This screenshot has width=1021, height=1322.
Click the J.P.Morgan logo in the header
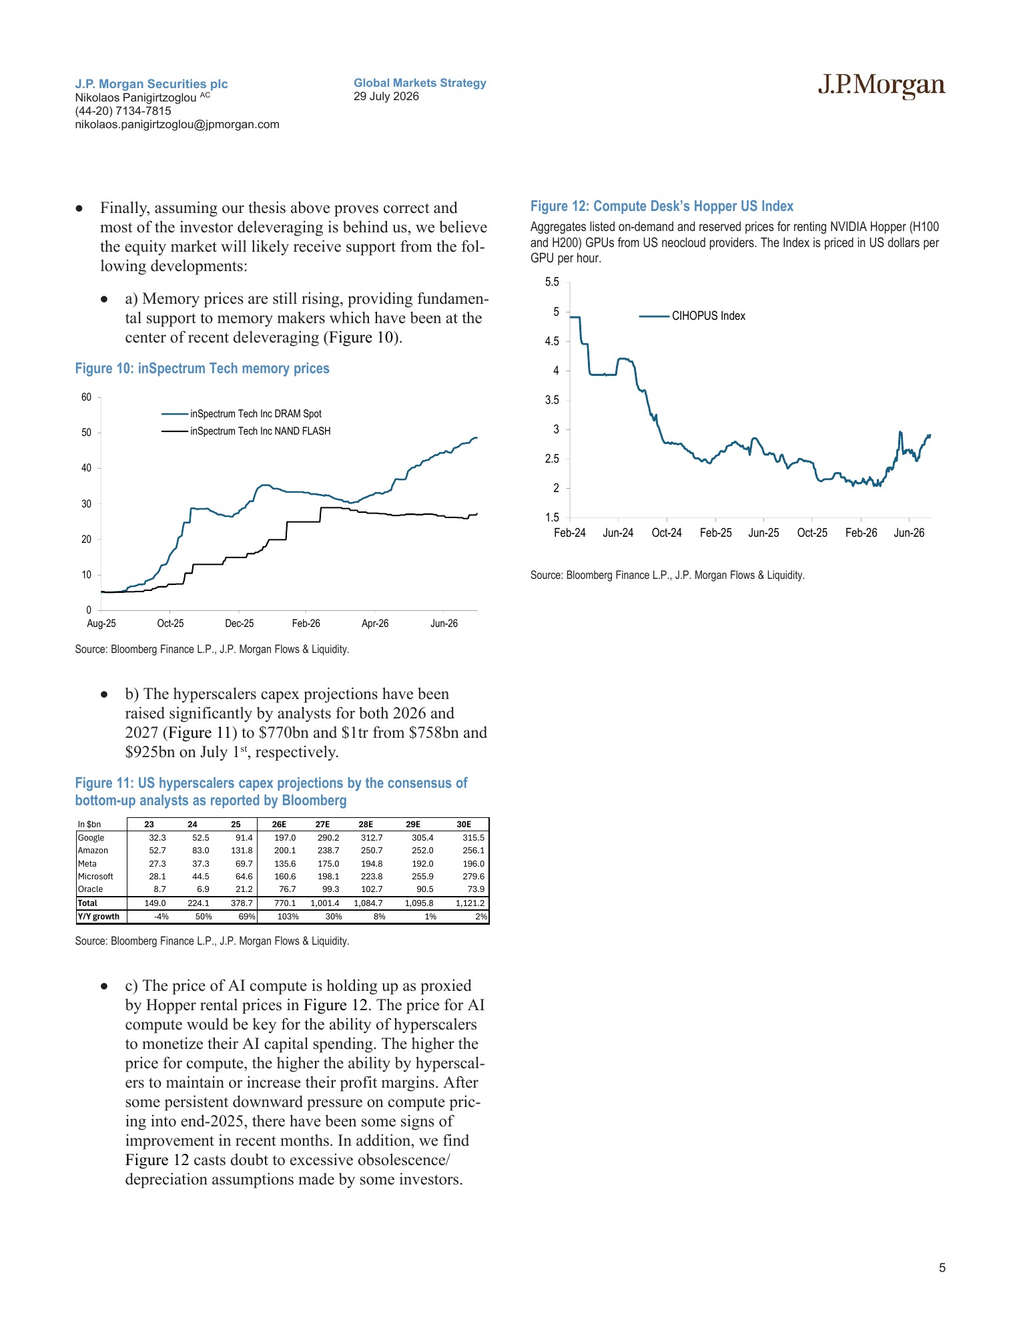(x=882, y=85)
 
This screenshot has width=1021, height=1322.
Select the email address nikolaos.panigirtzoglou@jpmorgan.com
(x=177, y=124)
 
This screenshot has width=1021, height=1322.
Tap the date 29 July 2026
(x=386, y=96)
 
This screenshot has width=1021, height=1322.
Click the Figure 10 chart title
(x=202, y=369)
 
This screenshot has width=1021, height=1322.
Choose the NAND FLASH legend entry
(x=246, y=431)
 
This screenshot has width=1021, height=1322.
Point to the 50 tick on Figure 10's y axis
(x=87, y=433)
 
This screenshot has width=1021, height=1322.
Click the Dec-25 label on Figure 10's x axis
(x=240, y=624)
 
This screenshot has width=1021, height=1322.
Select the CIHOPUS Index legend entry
(x=692, y=316)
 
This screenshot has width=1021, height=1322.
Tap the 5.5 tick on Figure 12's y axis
(x=552, y=282)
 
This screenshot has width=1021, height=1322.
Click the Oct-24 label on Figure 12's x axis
(x=667, y=533)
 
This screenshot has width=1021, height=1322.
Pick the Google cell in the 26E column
(x=285, y=837)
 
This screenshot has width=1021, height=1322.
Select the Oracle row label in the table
(x=91, y=889)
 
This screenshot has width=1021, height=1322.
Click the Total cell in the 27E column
(x=325, y=903)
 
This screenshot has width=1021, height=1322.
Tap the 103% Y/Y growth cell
(x=288, y=917)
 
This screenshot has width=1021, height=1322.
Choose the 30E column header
(x=464, y=825)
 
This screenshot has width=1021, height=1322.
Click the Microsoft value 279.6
(x=474, y=877)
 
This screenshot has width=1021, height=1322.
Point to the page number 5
(x=942, y=1268)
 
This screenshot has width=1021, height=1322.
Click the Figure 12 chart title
(x=662, y=206)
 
